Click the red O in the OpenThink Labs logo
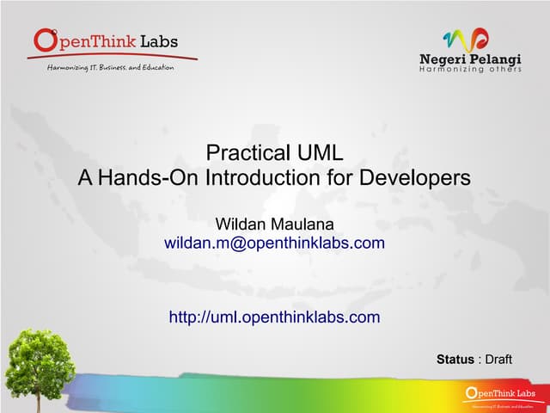point(46,40)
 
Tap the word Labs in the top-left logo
point(157,42)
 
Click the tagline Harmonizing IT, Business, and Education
point(109,66)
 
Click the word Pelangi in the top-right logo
point(497,59)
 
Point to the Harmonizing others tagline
point(470,69)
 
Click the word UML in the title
point(317,154)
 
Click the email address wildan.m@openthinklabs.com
point(274,243)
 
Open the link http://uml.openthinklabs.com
point(274,317)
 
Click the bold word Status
point(455,359)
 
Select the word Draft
point(498,359)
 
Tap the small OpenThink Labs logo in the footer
point(498,396)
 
